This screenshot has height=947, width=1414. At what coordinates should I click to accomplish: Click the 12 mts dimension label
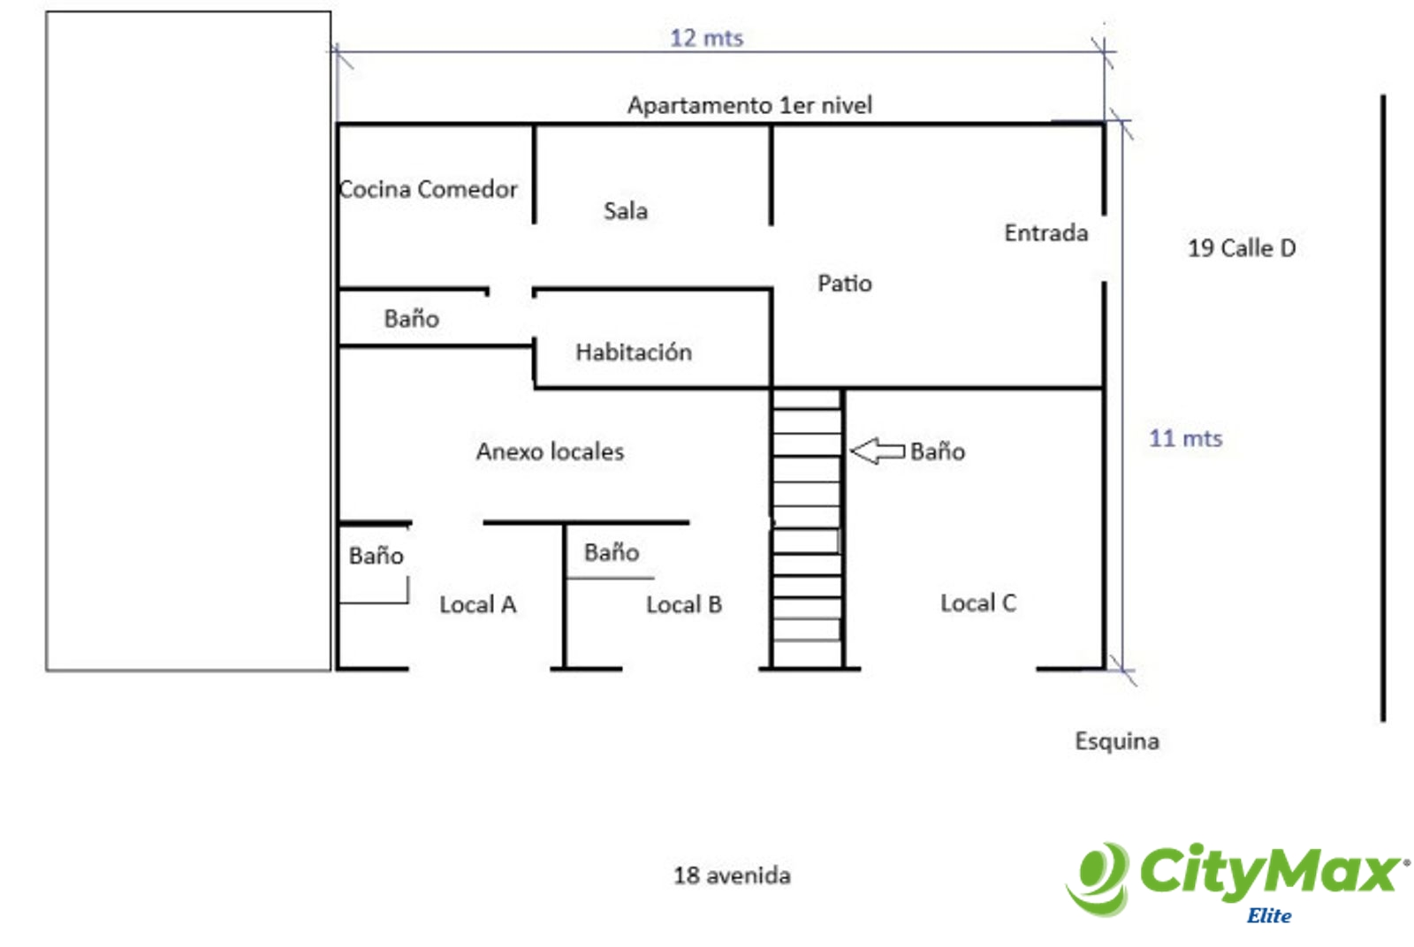(706, 38)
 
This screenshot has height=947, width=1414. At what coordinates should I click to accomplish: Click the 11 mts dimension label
(1185, 438)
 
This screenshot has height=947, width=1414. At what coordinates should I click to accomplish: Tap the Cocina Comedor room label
(429, 189)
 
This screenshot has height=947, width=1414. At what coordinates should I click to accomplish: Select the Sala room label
(626, 211)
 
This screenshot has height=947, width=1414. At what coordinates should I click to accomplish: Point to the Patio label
(844, 284)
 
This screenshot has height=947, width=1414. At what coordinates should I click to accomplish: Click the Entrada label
(1045, 233)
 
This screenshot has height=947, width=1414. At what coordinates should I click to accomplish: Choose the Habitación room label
(634, 352)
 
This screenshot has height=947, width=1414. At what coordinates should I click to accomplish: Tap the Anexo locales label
(550, 451)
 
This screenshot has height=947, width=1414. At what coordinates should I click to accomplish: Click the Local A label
(477, 605)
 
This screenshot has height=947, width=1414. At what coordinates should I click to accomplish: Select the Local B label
(684, 605)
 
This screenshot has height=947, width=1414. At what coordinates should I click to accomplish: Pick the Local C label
(977, 603)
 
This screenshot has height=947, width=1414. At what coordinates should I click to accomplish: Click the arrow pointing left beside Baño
(877, 451)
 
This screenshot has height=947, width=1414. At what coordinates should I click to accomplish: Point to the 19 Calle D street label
(1241, 248)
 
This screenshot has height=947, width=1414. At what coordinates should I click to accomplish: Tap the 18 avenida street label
(732, 875)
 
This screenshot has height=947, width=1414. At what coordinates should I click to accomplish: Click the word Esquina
(1116, 741)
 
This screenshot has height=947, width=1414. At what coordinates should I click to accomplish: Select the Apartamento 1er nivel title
(749, 105)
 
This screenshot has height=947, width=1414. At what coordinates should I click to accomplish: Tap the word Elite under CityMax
(1268, 916)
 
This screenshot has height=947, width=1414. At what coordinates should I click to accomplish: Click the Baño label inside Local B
(612, 553)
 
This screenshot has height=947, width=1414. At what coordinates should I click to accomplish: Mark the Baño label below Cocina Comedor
(411, 319)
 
